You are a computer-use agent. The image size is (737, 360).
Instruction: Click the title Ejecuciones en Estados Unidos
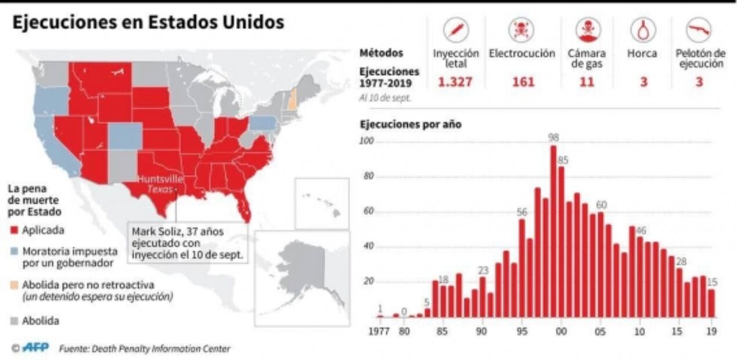point(149,22)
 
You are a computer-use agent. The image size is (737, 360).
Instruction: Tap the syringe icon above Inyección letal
point(456,30)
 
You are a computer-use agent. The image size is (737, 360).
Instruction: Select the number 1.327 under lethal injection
point(455,82)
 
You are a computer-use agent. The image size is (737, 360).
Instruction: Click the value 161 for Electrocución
point(523,82)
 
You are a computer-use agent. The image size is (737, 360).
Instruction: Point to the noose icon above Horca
point(643,30)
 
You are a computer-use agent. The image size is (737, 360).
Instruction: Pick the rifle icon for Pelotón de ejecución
point(699,30)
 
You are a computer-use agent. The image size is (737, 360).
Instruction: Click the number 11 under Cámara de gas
point(587,82)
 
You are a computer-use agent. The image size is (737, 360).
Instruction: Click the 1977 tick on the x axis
point(380,332)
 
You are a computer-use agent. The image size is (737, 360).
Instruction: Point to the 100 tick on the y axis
point(366,142)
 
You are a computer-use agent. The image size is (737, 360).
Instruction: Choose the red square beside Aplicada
point(15,231)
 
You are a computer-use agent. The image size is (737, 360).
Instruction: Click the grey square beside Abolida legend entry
point(15,321)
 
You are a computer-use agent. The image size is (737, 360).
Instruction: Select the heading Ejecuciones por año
point(411,124)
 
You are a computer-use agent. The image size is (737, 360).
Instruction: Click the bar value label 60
point(601,205)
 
